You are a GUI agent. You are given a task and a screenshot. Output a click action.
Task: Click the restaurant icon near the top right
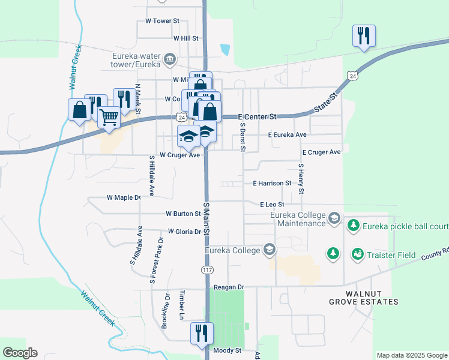(364, 35)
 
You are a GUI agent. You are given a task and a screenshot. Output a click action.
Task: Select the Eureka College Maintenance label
(298, 219)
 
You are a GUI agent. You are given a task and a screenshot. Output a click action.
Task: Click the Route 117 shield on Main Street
(207, 270)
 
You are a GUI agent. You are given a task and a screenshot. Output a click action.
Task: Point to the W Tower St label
(162, 20)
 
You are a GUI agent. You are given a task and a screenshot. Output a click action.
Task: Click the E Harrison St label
(272, 183)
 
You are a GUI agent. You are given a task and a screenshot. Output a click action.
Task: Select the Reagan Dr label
(229, 287)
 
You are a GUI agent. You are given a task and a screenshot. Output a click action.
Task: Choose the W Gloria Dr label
(184, 231)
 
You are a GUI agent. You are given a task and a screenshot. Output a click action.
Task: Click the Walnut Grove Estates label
(363, 298)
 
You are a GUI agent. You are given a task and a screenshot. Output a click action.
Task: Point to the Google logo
(20, 353)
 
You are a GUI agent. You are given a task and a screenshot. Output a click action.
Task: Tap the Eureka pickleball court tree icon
(354, 225)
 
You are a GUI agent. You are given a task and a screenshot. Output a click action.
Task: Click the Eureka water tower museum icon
(170, 59)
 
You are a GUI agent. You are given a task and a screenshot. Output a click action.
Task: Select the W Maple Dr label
(123, 197)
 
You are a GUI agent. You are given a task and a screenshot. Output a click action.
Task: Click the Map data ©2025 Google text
(411, 355)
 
